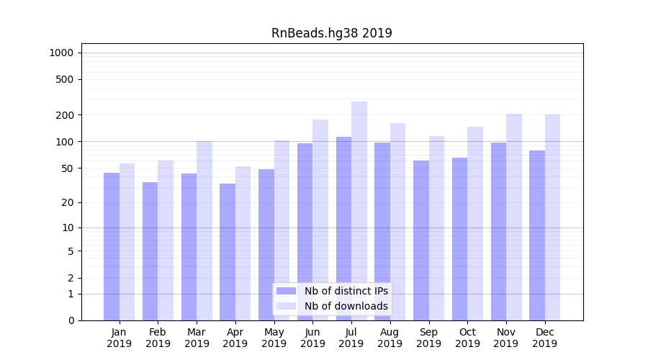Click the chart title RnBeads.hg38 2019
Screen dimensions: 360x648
(x=331, y=33)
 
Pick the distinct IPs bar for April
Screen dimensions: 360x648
(x=228, y=252)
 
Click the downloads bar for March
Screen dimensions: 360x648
(x=204, y=230)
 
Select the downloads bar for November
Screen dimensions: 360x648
(x=514, y=217)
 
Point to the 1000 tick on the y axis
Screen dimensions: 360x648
(x=61, y=53)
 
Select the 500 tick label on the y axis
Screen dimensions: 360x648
(x=65, y=79)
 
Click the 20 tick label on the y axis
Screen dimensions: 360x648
(x=67, y=202)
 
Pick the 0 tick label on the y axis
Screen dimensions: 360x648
(x=71, y=320)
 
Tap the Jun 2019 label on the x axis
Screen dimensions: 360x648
(x=312, y=338)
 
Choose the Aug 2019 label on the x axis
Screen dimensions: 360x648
(x=390, y=338)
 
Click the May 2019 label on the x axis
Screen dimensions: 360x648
(x=274, y=338)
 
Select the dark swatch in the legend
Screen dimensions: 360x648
(x=286, y=291)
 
